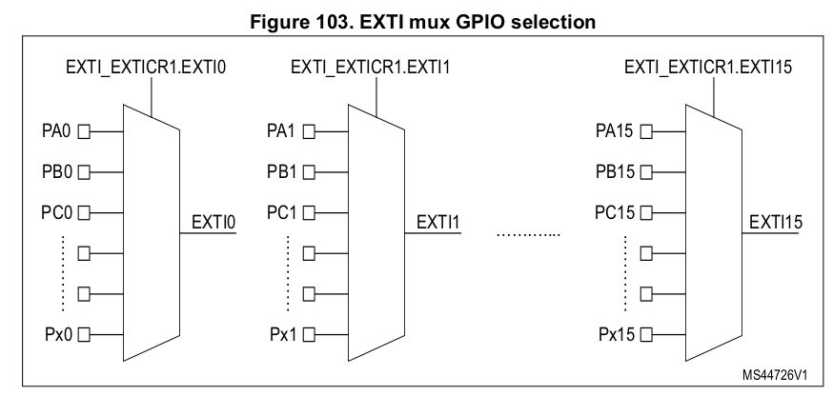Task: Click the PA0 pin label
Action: pos(51,132)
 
